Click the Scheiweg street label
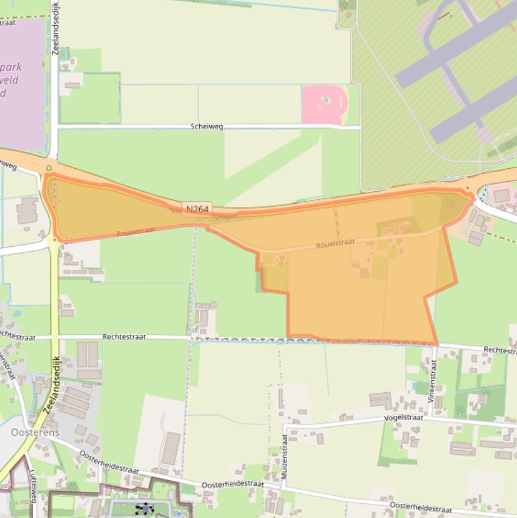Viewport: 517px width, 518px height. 206,126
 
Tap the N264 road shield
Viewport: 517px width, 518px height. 196,209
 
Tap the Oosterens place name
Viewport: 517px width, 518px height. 35,432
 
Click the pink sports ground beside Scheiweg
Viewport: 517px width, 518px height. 325,104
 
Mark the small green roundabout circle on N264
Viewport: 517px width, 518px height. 49,168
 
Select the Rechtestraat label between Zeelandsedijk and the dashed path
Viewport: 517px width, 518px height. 125,336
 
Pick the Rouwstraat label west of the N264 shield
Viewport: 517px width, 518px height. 136,231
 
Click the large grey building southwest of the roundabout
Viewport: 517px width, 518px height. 27,211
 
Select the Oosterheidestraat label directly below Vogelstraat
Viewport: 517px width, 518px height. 420,505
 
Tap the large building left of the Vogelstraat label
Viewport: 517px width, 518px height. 380,400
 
